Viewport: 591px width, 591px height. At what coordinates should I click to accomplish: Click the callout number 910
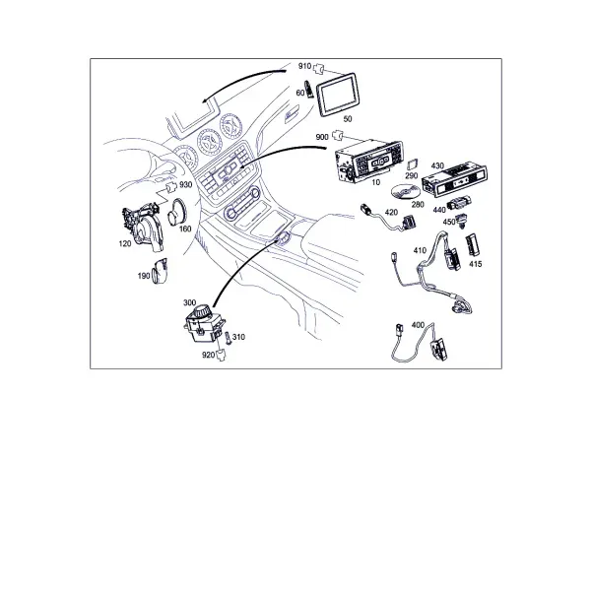click(x=304, y=66)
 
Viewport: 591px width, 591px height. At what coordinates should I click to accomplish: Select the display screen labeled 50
click(x=337, y=95)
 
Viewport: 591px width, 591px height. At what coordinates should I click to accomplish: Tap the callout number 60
click(x=300, y=93)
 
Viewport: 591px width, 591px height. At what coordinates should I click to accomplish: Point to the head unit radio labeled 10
click(x=368, y=161)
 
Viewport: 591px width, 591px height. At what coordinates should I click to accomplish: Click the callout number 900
click(x=322, y=137)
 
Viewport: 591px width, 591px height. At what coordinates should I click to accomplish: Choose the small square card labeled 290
click(x=413, y=164)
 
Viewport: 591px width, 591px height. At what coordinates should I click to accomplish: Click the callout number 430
click(x=437, y=165)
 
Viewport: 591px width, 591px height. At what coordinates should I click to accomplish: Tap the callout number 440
click(x=439, y=210)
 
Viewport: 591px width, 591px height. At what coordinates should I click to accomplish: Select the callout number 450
click(x=449, y=222)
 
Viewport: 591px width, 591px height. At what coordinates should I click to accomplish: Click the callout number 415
click(x=476, y=264)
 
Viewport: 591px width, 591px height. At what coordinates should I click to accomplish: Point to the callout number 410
click(x=420, y=250)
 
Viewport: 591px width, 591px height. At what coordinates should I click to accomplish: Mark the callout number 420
click(x=391, y=212)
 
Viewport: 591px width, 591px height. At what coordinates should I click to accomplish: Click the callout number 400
click(x=418, y=325)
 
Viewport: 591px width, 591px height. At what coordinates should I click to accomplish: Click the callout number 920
click(x=209, y=355)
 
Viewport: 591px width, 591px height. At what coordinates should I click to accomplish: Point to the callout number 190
click(x=144, y=276)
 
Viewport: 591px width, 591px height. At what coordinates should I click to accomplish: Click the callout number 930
click(x=185, y=185)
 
